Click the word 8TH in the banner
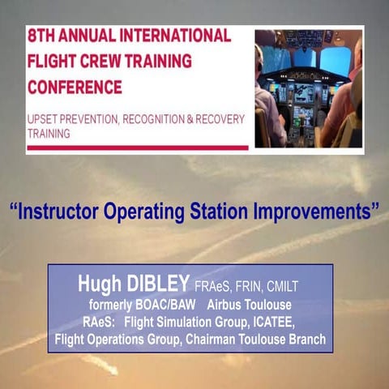point(43,36)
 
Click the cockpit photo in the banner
point(308,88)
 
